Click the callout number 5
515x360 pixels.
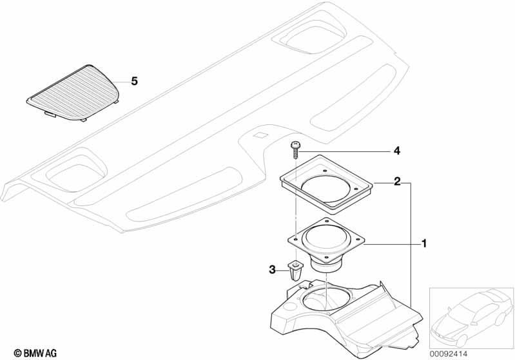[134, 81]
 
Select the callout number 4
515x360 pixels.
[397, 151]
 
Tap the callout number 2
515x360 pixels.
[397, 181]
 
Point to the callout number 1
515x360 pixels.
[424, 244]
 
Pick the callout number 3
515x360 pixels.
[272, 270]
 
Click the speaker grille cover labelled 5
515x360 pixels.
[73, 93]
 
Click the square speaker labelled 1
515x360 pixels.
[326, 245]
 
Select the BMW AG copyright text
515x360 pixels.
[35, 353]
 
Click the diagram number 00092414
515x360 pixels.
[449, 354]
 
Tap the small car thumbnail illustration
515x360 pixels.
[472, 318]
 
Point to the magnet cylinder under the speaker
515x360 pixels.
[327, 265]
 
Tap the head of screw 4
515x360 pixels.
[295, 144]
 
